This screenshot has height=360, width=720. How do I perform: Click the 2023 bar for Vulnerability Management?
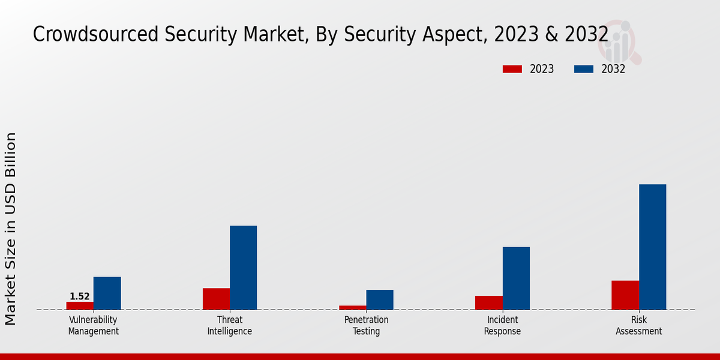[80, 305]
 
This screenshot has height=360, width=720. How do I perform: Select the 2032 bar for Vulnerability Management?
[107, 293]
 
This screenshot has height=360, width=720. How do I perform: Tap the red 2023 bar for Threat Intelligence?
[216, 299]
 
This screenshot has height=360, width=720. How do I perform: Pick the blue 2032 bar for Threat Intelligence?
[243, 268]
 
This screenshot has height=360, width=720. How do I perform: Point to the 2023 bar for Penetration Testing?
[352, 308]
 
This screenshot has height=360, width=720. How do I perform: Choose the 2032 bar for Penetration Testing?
[380, 300]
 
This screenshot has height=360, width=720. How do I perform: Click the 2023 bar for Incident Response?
[488, 302]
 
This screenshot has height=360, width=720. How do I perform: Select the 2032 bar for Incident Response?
[516, 278]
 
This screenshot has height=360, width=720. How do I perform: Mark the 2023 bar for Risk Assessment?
[625, 295]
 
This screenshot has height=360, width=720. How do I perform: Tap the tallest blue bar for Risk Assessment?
[652, 247]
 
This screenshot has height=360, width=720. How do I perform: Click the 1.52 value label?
[80, 296]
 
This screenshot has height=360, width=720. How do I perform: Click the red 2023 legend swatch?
[512, 69]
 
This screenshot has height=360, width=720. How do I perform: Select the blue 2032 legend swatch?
[584, 69]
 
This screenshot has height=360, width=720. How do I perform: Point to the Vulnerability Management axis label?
[93, 325]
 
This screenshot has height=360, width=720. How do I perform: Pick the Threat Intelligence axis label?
[230, 325]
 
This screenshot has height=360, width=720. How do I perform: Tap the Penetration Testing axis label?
[366, 325]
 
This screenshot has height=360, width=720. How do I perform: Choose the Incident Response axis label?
[502, 325]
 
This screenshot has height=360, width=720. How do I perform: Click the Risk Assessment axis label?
[638, 325]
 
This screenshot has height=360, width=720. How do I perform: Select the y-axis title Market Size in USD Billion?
[11, 229]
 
